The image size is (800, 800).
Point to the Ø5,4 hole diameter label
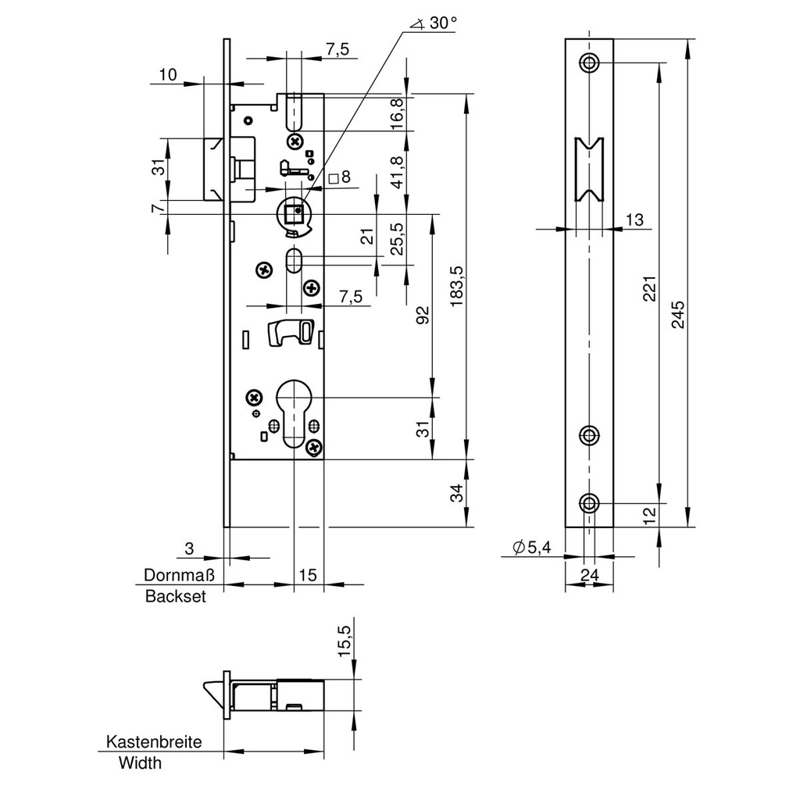click(532, 548)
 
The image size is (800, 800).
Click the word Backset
click(176, 597)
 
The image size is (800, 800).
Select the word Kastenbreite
click(154, 742)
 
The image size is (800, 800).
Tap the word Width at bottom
click(140, 763)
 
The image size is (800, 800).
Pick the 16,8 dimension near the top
click(396, 114)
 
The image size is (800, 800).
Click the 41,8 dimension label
click(396, 172)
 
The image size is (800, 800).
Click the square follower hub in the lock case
click(295, 212)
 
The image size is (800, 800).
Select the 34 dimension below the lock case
click(457, 493)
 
